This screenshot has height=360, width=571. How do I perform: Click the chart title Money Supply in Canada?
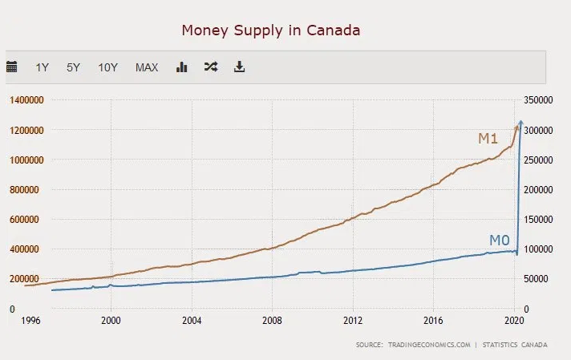[x=270, y=30]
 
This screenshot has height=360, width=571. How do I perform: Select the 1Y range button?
[x=43, y=67]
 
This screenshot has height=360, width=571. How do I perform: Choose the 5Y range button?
[x=73, y=67]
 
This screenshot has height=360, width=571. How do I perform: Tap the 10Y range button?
[x=107, y=67]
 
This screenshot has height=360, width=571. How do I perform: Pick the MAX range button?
[x=147, y=67]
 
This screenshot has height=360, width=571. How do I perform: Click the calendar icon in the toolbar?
[x=12, y=67]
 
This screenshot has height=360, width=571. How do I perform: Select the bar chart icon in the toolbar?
[x=181, y=67]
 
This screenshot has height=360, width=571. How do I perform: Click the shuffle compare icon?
[x=210, y=67]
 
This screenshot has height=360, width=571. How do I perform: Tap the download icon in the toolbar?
[x=239, y=67]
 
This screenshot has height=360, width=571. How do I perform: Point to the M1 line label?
[x=488, y=139]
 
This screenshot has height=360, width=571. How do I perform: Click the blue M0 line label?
[x=500, y=241]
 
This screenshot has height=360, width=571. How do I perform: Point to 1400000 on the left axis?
[x=26, y=100]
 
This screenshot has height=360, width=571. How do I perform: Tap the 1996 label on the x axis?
[x=30, y=319]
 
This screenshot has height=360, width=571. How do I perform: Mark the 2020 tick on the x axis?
[x=513, y=319]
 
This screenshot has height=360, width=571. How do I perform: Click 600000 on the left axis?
[x=26, y=219]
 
